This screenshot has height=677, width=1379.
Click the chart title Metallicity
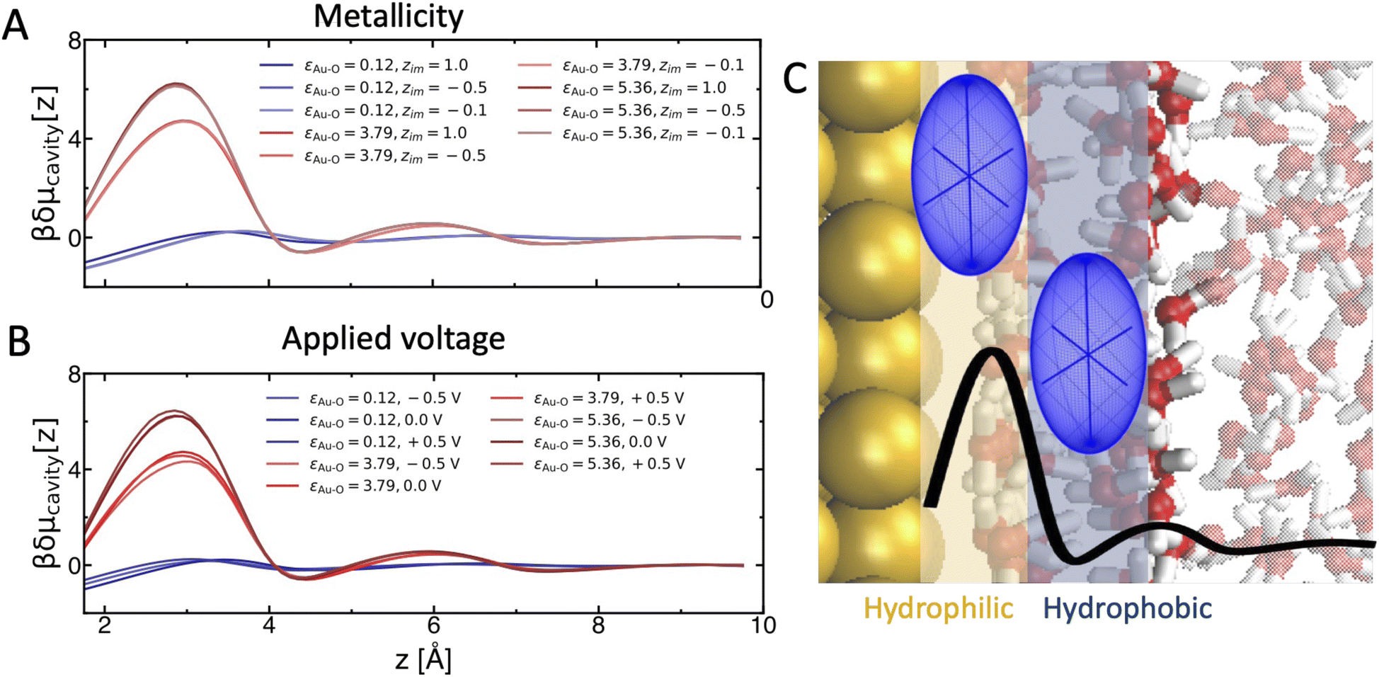388,16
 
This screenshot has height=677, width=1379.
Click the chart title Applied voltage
393,338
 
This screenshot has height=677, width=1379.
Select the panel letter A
15,26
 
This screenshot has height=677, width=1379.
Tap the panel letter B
18,341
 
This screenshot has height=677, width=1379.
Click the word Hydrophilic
938,608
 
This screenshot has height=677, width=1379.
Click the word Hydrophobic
1128,608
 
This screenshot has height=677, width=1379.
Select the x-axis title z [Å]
423,659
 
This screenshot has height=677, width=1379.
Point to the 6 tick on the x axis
433,625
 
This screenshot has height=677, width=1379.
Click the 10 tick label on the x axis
764,625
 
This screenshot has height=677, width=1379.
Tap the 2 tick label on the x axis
105,625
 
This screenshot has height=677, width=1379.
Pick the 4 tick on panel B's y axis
74,469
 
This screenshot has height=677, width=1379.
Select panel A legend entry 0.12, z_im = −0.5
373,89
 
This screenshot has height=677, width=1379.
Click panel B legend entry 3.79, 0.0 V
354,487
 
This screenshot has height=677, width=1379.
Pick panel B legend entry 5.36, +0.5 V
588,465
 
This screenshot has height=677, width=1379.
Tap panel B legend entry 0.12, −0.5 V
364,399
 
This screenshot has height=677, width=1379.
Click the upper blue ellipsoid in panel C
969,174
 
